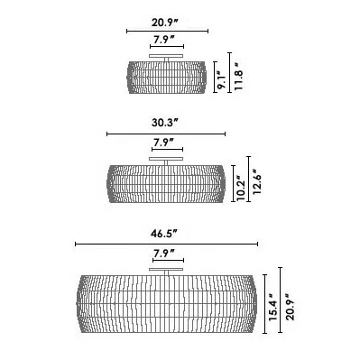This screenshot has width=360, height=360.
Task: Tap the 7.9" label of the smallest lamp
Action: (x=164, y=39)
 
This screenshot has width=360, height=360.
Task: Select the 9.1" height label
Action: (x=223, y=79)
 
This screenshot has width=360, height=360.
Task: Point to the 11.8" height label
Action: (x=239, y=77)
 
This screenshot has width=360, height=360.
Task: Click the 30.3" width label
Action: (x=165, y=123)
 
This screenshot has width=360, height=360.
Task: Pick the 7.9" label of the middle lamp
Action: (x=164, y=142)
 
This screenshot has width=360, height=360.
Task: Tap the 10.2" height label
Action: (x=241, y=188)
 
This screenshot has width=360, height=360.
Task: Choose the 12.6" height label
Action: (x=256, y=181)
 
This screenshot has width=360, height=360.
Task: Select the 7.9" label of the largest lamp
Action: (x=164, y=254)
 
